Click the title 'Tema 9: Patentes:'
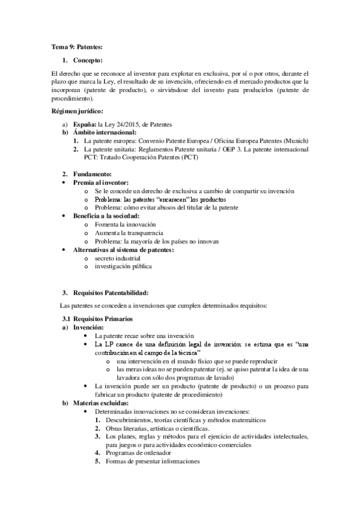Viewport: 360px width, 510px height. point(76,46)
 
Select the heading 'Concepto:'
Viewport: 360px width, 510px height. point(88,60)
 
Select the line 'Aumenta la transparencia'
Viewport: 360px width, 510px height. point(129,232)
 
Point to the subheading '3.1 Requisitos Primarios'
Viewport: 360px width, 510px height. point(99,318)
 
